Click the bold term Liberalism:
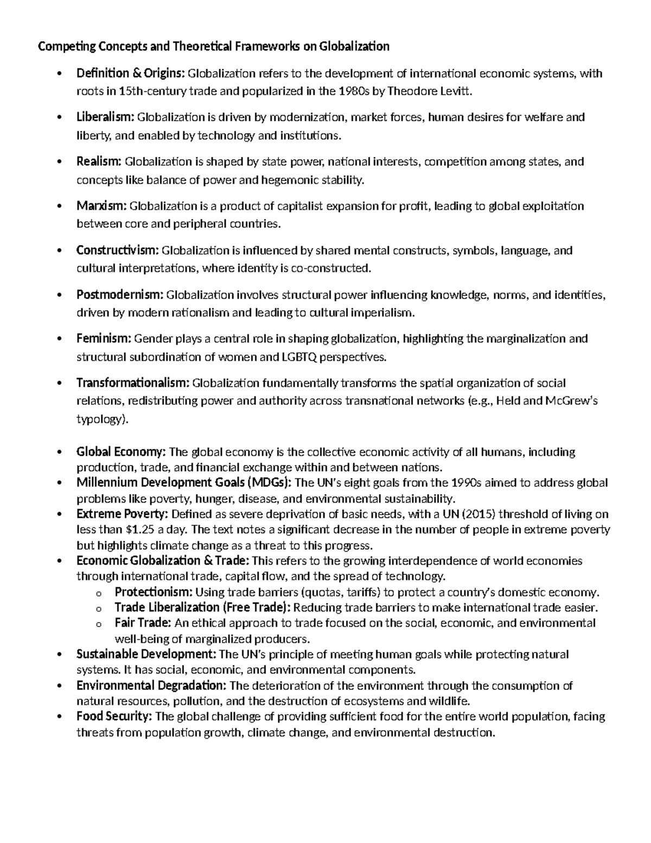point(105,117)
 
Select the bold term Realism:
point(99,162)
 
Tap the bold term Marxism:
point(101,206)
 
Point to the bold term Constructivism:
point(118,251)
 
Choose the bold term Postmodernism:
point(120,295)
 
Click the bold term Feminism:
point(104,339)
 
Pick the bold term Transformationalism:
point(133,384)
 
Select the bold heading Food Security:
point(114,717)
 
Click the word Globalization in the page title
point(354,47)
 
